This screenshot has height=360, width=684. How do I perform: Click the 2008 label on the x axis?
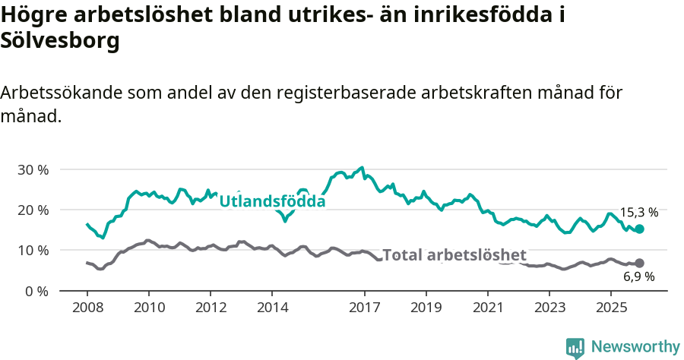tap(87, 308)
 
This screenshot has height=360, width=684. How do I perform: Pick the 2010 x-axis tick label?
tap(149, 308)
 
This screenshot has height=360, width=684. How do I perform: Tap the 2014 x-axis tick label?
tap(272, 308)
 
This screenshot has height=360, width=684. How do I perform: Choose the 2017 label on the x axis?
tap(364, 308)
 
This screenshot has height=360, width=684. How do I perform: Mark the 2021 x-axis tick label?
tap(488, 308)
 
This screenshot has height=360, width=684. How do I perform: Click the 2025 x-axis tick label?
tap(611, 308)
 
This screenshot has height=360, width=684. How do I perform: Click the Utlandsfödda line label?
tap(272, 201)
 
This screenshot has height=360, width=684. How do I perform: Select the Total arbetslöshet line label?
tap(454, 255)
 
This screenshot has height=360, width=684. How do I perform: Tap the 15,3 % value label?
tap(638, 213)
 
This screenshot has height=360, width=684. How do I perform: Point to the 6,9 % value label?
tap(638, 277)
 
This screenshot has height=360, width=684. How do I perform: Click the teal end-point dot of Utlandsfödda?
tap(639, 229)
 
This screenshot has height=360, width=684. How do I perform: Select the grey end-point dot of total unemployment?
tap(639, 263)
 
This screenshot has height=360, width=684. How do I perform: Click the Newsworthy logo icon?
tap(575, 347)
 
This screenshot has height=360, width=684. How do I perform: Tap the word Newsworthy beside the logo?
tap(635, 346)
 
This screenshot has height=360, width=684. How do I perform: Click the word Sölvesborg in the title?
tap(60, 42)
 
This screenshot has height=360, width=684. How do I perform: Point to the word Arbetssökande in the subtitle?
tap(62, 93)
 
